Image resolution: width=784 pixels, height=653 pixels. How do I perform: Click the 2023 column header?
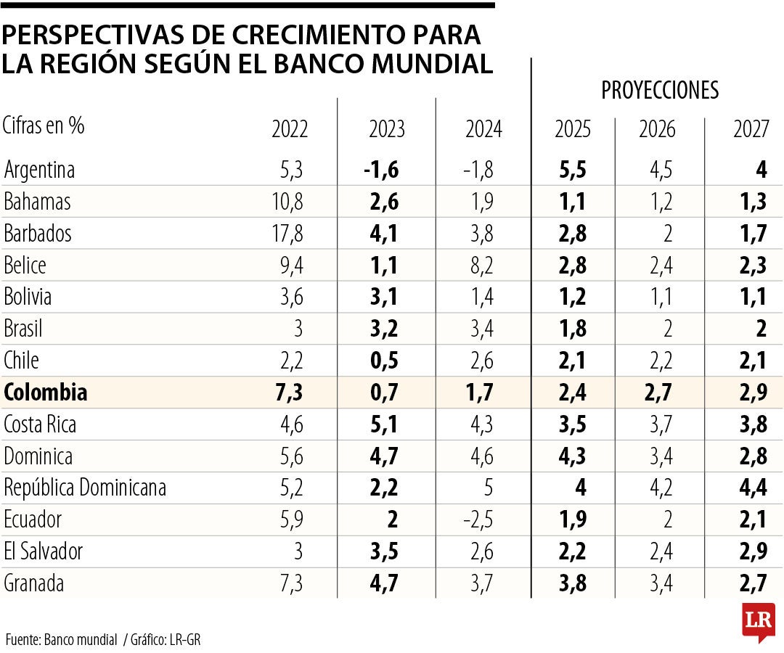click(x=387, y=130)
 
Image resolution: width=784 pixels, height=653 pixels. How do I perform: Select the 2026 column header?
click(x=657, y=130)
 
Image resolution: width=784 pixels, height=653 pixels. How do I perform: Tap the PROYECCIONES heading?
click(x=659, y=90)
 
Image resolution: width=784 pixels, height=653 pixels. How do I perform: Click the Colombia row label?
click(x=46, y=393)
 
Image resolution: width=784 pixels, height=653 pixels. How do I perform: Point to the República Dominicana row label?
click(x=85, y=488)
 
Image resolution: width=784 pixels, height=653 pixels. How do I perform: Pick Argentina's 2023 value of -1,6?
click(x=381, y=170)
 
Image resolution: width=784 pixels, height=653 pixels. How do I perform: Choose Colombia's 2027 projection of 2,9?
click(x=753, y=393)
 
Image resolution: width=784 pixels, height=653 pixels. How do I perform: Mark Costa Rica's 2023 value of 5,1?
click(x=384, y=424)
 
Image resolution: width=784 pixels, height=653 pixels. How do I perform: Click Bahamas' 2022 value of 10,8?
click(x=288, y=202)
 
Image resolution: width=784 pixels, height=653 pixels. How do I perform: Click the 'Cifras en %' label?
click(x=44, y=126)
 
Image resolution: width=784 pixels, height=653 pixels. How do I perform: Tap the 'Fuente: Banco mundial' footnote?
click(x=61, y=640)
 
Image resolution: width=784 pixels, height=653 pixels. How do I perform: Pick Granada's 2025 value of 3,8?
click(x=573, y=583)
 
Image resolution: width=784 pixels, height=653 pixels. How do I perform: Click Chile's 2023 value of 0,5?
click(x=384, y=361)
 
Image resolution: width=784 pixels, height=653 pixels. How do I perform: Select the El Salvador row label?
click(x=44, y=552)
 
